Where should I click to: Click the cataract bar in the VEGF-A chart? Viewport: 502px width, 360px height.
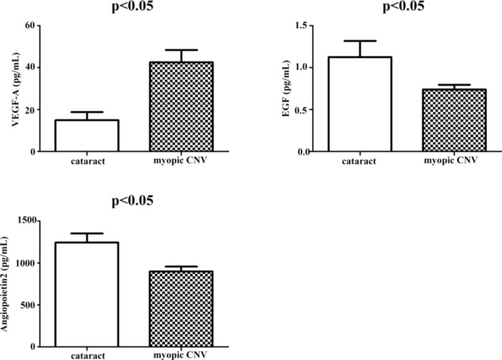pos(87,135)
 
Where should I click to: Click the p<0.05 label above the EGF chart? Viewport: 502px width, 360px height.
pos(404,7)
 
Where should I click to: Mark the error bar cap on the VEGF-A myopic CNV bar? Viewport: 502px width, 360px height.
pos(166,50)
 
